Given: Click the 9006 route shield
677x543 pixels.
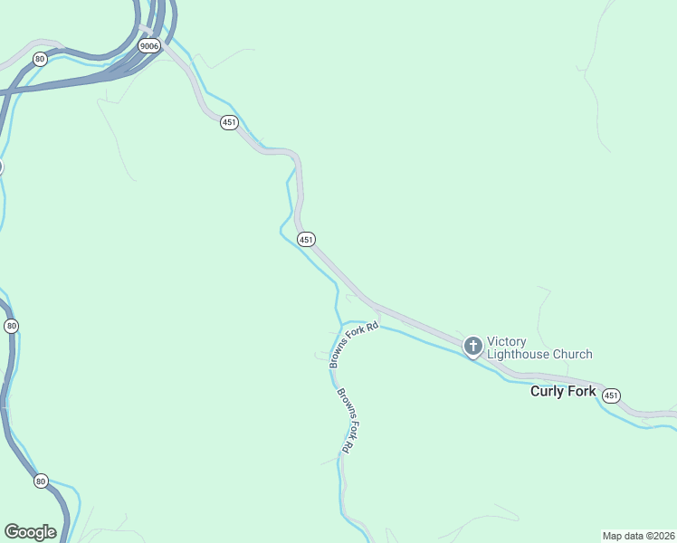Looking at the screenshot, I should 149,45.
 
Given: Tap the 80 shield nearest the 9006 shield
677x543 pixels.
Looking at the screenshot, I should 39,59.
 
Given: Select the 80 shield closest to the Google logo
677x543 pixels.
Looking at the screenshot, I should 41,481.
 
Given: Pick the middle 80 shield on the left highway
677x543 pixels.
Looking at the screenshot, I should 11,326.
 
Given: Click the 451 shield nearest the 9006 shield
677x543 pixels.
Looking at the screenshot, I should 229,123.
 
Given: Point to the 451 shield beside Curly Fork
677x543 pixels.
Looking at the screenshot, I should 612,395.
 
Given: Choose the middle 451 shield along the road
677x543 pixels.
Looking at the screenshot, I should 306,240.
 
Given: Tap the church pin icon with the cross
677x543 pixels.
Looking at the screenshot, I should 472,346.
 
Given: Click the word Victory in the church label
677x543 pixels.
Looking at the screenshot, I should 507,341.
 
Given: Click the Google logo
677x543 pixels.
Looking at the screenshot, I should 30,532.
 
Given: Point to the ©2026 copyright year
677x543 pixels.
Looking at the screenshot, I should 661,535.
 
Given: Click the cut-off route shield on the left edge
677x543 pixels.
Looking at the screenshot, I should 1,167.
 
